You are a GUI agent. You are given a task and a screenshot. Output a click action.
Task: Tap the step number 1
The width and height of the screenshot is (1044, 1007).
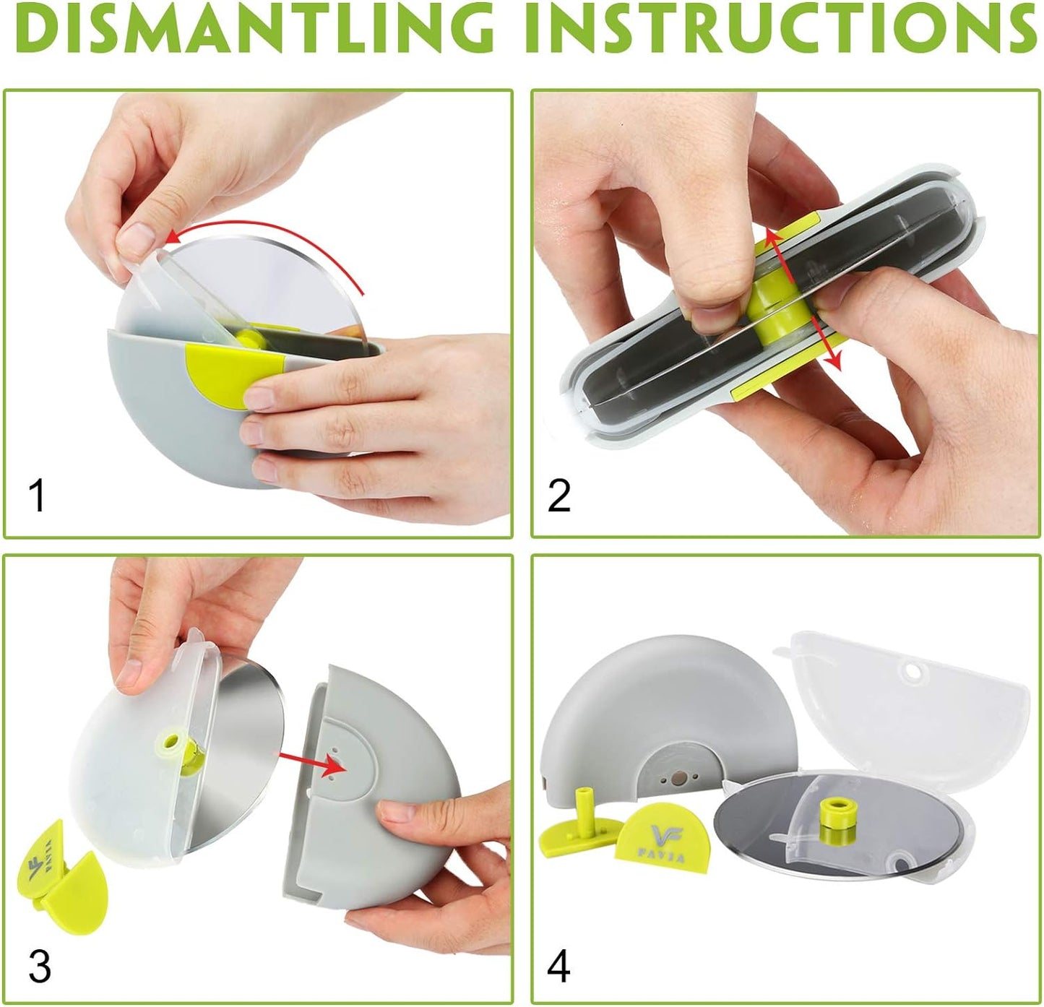(37, 496)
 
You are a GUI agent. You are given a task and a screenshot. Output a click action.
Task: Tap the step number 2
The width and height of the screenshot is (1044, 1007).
(558, 496)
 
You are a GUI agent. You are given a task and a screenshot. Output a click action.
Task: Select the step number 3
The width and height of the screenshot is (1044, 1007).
(39, 967)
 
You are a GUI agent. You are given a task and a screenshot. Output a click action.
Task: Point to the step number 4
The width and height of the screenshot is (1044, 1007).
(558, 967)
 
